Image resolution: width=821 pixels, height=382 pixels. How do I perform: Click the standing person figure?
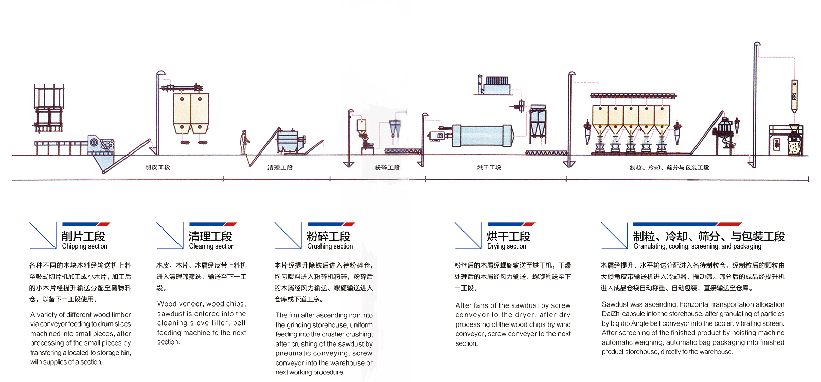[x=245, y=142]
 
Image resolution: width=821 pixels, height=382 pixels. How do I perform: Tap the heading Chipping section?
[x=84, y=246]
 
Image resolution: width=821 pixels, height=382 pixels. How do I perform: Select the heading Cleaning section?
[x=211, y=246]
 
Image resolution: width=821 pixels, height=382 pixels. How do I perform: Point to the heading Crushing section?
[x=330, y=246]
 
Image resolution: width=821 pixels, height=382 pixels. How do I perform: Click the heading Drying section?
[x=506, y=246]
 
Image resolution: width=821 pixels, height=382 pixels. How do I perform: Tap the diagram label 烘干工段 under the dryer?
[x=489, y=167]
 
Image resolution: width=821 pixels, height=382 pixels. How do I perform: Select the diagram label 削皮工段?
[x=157, y=167]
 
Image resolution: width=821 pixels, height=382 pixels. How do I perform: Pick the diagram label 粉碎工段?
[x=387, y=168]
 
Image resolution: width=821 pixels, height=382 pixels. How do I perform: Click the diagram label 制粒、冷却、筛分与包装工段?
[x=669, y=168]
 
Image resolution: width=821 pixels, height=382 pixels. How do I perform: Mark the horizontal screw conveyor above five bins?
[x=633, y=95]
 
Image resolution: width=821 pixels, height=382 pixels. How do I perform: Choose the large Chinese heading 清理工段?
[x=210, y=236]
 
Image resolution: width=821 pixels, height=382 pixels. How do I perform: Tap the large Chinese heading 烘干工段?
[x=508, y=236]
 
